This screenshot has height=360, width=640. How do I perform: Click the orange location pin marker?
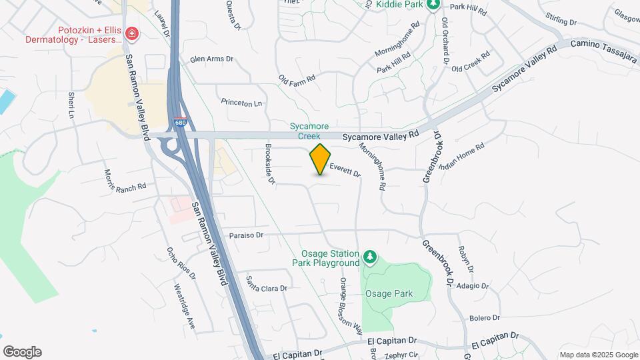pyautogui.click(x=320, y=159)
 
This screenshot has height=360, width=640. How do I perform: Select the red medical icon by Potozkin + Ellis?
pyautogui.click(x=131, y=33)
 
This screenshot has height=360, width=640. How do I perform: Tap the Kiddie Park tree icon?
pyautogui.click(x=433, y=5)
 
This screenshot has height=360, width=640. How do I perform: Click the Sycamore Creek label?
pyautogui.click(x=309, y=131)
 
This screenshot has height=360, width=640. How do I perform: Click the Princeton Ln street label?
pyautogui.click(x=241, y=103)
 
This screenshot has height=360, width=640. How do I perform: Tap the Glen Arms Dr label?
pyautogui.click(x=211, y=59)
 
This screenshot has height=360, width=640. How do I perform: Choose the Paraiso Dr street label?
pyautogui.click(x=247, y=235)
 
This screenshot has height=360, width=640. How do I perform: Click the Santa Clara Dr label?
pyautogui.click(x=266, y=285)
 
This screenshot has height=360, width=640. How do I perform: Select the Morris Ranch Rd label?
pyautogui.click(x=125, y=181)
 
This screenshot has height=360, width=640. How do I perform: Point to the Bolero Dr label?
pyautogui.click(x=484, y=317)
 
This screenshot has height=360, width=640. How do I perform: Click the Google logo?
pyautogui.click(x=22, y=351)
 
